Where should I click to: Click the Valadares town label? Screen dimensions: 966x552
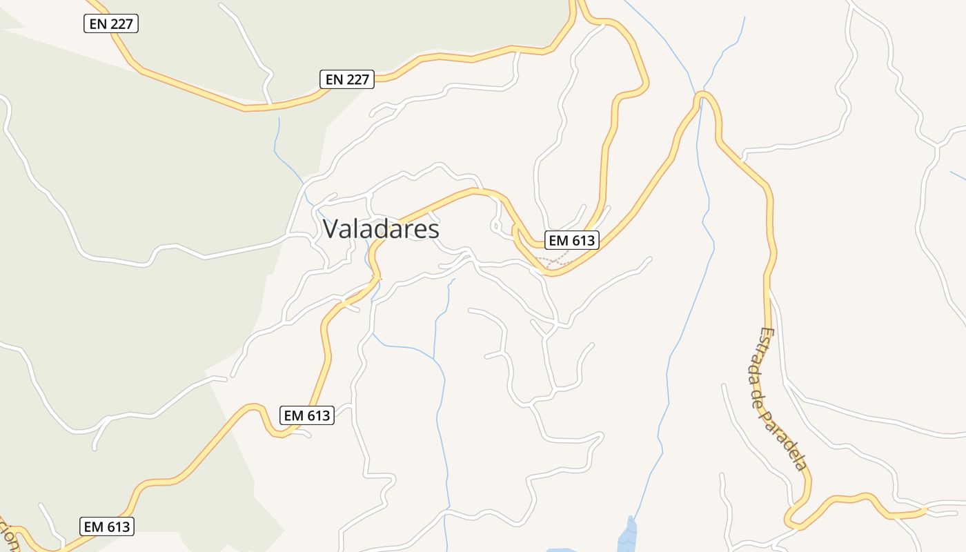(381, 229)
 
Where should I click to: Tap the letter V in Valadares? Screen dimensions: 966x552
(331, 229)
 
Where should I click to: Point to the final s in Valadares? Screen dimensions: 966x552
(433, 230)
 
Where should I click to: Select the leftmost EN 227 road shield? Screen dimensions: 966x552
(112, 24)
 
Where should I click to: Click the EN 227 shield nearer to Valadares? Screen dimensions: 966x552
(347, 79)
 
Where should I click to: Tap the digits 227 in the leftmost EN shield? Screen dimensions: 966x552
(121, 24)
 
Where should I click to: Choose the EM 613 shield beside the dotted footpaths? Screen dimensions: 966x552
(571, 240)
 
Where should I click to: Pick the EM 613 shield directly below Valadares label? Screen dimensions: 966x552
(308, 415)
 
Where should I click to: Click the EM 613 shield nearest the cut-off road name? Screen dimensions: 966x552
(106, 526)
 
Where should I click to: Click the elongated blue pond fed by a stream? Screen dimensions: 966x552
(628, 534)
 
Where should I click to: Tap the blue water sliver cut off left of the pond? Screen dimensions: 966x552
(562, 550)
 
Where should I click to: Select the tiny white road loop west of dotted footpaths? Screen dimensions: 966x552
(497, 224)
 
